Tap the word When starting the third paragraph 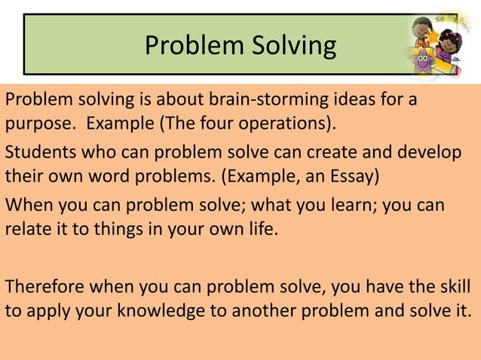[x=26, y=205]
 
